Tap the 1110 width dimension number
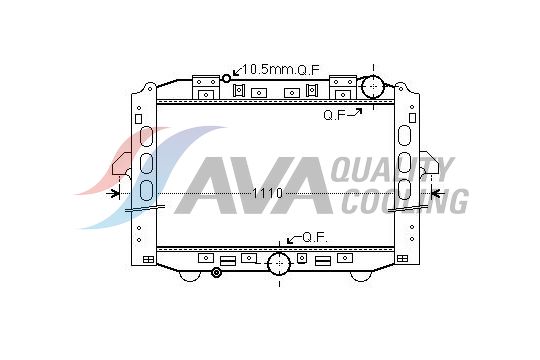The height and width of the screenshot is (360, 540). pyautogui.click(x=267, y=192)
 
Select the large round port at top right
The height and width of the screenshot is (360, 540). pyautogui.click(x=372, y=85)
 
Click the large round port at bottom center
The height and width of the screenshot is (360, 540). pyautogui.click(x=278, y=265)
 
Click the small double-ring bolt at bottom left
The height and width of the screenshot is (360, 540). pyautogui.click(x=215, y=273)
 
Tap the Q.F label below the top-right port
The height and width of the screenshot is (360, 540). pyautogui.click(x=334, y=115)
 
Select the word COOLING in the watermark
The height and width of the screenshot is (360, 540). pyautogui.click(x=404, y=200)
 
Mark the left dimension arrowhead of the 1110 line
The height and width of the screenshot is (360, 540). pyautogui.click(x=116, y=192)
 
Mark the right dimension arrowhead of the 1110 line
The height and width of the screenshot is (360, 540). pyautogui.click(x=435, y=192)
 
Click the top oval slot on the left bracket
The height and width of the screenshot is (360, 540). pyautogui.click(x=146, y=137)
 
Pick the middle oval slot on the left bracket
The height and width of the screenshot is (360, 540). pyautogui.click(x=146, y=162)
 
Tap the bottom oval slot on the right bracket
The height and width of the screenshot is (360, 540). pyautogui.click(x=405, y=187)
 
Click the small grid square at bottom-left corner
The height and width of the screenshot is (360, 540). pyautogui.click(x=149, y=259)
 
